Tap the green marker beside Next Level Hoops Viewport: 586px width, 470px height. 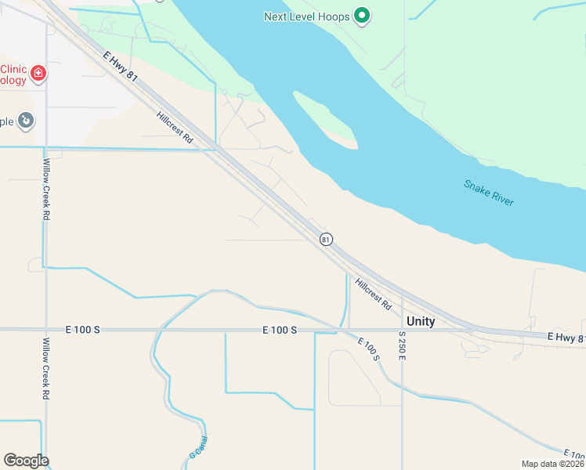tap(362, 15)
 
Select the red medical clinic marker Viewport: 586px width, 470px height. tap(37, 74)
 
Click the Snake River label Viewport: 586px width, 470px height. tap(488, 193)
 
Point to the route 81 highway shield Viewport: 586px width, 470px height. tap(326, 238)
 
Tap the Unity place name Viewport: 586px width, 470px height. tap(420, 321)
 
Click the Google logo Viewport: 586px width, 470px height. tap(26, 461)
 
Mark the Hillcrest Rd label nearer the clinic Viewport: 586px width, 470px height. tap(174, 125)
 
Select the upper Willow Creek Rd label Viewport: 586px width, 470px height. tap(47, 189)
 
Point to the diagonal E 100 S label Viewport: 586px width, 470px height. tap(368, 349)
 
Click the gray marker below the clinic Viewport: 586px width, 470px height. tap(26, 120)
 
